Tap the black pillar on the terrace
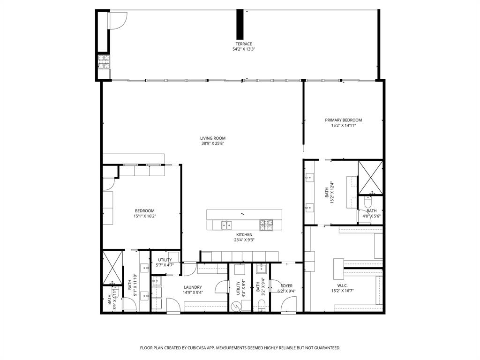tap(240, 24)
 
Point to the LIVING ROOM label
tap(213, 138)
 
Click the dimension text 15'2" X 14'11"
tap(344, 126)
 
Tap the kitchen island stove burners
tap(266, 225)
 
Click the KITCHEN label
tap(244, 234)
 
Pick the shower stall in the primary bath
tap(370, 178)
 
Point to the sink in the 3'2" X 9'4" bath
tap(261, 269)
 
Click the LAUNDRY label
tap(193, 287)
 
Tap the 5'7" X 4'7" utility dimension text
tap(165, 265)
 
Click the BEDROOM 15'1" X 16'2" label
tap(144, 211)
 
